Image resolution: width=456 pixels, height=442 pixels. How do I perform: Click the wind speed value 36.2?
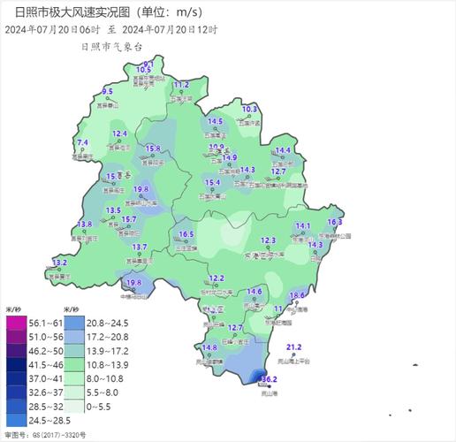pyautogui.click(x=270, y=379)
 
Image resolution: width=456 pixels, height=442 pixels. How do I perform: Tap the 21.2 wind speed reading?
pyautogui.click(x=294, y=347)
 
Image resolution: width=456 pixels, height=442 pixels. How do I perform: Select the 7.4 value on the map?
pyautogui.click(x=83, y=142)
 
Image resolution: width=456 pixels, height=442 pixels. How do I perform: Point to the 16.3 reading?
pyautogui.click(x=335, y=221)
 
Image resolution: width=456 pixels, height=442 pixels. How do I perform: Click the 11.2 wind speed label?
pyautogui.click(x=181, y=84)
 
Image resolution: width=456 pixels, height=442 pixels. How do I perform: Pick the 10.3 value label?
pyautogui.click(x=249, y=109)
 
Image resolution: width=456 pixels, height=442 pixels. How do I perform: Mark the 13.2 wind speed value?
pyautogui.click(x=60, y=263)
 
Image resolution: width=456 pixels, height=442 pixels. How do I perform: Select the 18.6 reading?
pyautogui.click(x=297, y=294)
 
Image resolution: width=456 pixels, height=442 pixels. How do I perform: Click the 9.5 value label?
pyautogui.click(x=108, y=92)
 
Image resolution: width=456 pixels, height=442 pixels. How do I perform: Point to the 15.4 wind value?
pyautogui.click(x=212, y=182)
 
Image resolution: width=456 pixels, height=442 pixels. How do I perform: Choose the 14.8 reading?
pyautogui.click(x=209, y=347)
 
